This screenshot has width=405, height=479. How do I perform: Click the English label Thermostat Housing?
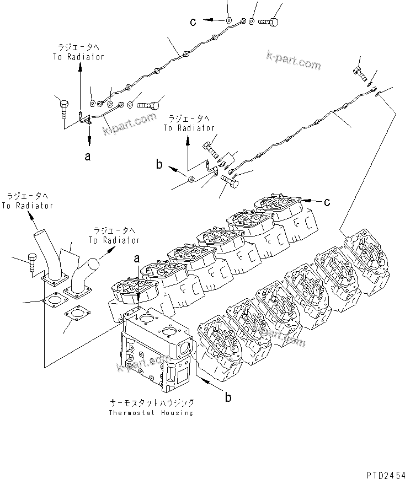click(151, 413)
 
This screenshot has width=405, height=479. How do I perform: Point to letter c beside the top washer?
click(193, 21)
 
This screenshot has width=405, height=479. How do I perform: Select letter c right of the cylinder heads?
click(327, 202)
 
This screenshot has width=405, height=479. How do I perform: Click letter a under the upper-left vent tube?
click(88, 157)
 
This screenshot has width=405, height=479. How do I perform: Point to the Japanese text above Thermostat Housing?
click(151, 403)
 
